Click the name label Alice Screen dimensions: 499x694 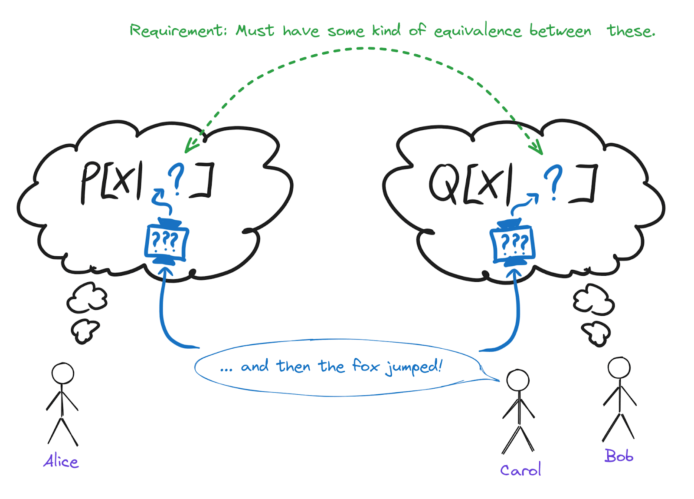[x=61, y=461]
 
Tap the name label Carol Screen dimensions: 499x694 [x=520, y=469]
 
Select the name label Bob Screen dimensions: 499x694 [x=619, y=456]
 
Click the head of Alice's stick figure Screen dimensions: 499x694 [x=63, y=373]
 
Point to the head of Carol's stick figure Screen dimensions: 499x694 [x=518, y=380]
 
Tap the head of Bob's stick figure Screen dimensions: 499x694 [x=619, y=367]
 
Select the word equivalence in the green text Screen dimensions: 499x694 [x=478, y=31]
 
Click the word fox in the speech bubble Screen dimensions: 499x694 [x=366, y=366]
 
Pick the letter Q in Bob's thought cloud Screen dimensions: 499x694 [x=444, y=183]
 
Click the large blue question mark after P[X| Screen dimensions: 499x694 [x=176, y=178]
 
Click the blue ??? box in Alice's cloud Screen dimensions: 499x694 [x=166, y=241]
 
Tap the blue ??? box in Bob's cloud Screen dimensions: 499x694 [x=513, y=244]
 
